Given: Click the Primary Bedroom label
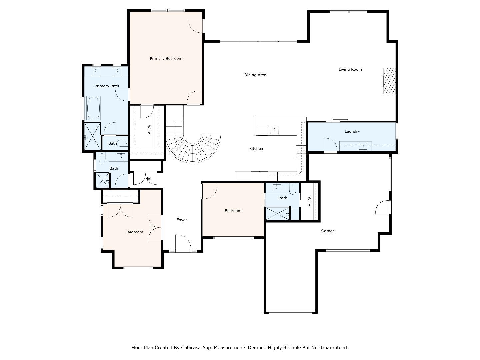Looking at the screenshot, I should tap(166, 59).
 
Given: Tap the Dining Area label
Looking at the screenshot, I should tap(255, 75).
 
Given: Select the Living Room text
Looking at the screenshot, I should tap(350, 69).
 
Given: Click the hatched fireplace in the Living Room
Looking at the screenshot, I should tap(389, 81).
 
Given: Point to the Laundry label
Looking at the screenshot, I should tap(352, 131).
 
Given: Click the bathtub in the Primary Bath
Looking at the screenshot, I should tap(93, 108).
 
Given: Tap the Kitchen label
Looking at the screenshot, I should tap(256, 149).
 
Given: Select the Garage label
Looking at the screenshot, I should tap(328, 231).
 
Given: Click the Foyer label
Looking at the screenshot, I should tap(182, 220).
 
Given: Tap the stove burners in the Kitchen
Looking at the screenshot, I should tap(301, 152).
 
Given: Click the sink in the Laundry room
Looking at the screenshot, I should tap(363, 146).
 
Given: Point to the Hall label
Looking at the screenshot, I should tap(149, 179).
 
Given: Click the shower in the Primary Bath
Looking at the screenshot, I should tap(92, 137).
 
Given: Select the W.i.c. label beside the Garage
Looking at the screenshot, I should tap(309, 201).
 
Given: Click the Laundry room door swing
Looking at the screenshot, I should tap(330, 145).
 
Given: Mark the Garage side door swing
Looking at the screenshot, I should tap(383, 207).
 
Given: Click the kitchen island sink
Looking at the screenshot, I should tap(274, 130).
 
